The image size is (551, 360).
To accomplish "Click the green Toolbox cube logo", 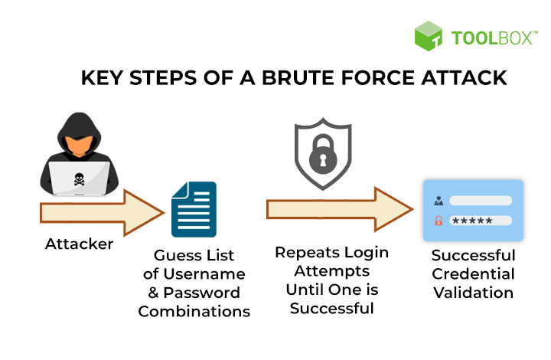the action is (429, 36).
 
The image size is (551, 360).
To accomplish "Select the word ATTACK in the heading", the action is (465, 77).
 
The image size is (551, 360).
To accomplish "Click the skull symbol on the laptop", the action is (79, 179).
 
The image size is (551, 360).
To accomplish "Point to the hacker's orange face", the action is (79, 145).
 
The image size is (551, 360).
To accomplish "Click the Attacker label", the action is (79, 244).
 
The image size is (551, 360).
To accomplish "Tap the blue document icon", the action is (194, 209).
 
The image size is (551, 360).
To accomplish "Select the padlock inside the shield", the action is (323, 154).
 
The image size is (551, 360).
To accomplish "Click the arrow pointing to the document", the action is (102, 213).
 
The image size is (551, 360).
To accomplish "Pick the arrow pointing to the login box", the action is (340, 209).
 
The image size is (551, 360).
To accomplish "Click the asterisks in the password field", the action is (472, 221).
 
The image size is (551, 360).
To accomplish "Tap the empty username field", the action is (481, 201).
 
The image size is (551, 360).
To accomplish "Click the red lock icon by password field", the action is (439, 221).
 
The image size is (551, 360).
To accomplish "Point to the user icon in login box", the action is (439, 201).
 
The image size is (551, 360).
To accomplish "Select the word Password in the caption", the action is (202, 293).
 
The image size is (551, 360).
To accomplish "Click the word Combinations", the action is (194, 312).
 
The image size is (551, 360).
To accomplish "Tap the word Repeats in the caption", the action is (307, 253).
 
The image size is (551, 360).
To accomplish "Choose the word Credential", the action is (474, 274).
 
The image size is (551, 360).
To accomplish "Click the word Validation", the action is (474, 293).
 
